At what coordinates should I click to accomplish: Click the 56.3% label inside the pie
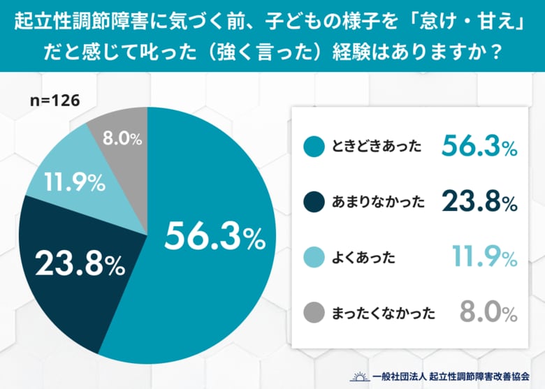(x=215, y=237)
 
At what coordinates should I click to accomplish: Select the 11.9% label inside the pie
(x=75, y=183)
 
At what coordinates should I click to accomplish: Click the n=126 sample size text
(x=55, y=101)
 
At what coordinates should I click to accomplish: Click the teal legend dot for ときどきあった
(x=315, y=147)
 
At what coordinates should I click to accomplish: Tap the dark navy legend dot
(x=315, y=203)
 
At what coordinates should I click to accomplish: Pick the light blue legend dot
(x=315, y=258)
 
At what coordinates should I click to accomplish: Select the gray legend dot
(x=315, y=313)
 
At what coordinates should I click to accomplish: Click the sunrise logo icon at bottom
(x=360, y=374)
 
